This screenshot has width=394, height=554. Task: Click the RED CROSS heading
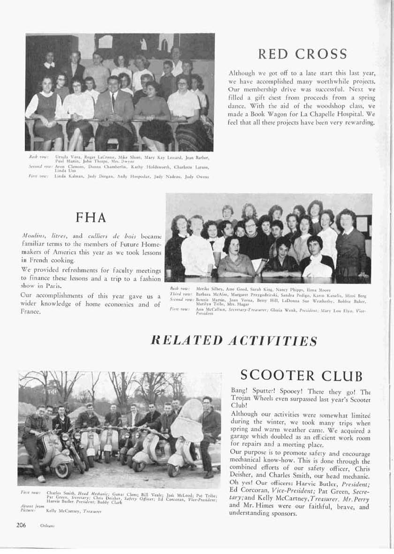pos(302,54)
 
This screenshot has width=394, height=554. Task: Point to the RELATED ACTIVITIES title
pos(232,341)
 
